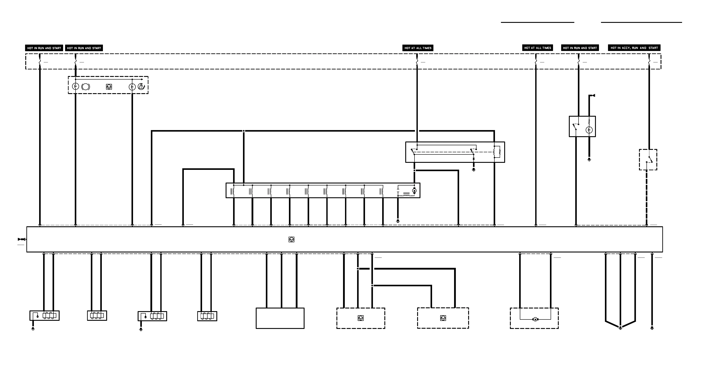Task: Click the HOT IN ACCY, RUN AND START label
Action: (634, 48)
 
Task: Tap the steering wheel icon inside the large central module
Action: (291, 239)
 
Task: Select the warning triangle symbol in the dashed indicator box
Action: (141, 87)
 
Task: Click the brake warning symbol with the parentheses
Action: (86, 87)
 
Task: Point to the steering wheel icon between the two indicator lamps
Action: (109, 87)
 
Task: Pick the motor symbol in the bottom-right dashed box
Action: (535, 319)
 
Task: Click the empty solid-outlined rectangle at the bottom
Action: (280, 318)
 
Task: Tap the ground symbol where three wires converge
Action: (620, 328)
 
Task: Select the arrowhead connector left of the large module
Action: (21, 239)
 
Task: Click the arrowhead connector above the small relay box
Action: (593, 96)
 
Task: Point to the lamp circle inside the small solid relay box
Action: (589, 130)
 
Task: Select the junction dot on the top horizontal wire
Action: (244, 131)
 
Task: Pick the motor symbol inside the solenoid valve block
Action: (414, 191)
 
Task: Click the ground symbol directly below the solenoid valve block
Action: (398, 221)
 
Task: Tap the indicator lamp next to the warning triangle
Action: (132, 87)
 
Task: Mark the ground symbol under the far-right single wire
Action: (652, 328)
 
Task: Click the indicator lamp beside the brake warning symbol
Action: (75, 86)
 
